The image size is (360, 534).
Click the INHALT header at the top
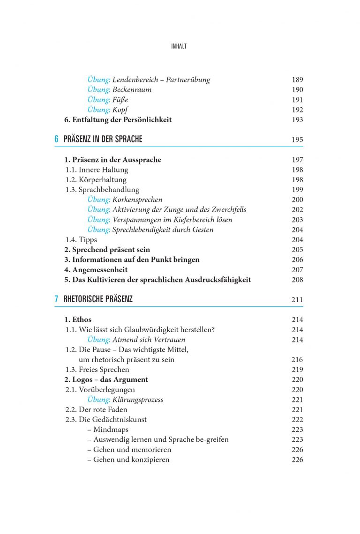pyautogui.click(x=180, y=46)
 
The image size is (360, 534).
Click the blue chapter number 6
pyautogui.click(x=56, y=139)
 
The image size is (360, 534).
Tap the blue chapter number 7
pyautogui.click(x=56, y=299)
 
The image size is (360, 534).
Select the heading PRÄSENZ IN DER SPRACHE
pyautogui.click(x=103, y=139)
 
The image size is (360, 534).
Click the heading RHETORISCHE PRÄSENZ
pyautogui.click(x=98, y=299)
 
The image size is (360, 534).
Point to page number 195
pyautogui.click(x=297, y=140)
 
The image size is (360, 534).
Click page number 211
pyautogui.click(x=297, y=300)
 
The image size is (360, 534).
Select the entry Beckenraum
pyautogui.click(x=132, y=89)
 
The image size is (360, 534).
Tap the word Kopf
pyautogui.click(x=120, y=110)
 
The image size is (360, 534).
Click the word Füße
pyautogui.click(x=120, y=100)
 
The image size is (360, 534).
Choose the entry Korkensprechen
pyautogui.click(x=137, y=200)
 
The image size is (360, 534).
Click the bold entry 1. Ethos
pyautogui.click(x=78, y=319)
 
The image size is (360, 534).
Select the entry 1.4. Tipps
pyautogui.click(x=81, y=239)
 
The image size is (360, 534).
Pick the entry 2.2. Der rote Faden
pyautogui.click(x=96, y=409)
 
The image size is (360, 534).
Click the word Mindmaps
pyautogui.click(x=111, y=430)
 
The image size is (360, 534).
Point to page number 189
pyautogui.click(x=297, y=80)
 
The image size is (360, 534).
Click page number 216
pyautogui.click(x=297, y=360)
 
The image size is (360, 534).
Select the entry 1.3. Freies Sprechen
pyautogui.click(x=97, y=370)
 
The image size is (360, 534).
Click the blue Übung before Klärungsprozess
pyautogui.click(x=98, y=400)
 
